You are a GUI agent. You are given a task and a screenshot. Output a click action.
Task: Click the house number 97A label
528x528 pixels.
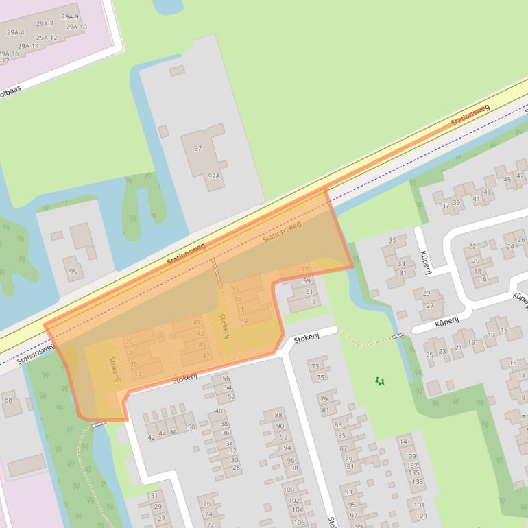click(214, 176)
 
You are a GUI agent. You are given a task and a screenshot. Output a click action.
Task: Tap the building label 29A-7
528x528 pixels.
click(45, 23)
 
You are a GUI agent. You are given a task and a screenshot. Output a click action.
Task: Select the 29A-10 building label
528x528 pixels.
click(76, 27)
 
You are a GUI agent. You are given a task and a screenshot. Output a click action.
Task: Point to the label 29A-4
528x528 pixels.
click(15, 32)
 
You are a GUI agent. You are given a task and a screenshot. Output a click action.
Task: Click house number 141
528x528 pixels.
click(405, 442)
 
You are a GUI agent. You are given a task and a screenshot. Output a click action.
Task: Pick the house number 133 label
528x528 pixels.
click(417, 481)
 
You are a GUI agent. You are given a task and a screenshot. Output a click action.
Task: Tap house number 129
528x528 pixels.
click(421, 516)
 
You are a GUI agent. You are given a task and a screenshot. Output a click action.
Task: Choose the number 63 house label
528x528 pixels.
click(311, 302)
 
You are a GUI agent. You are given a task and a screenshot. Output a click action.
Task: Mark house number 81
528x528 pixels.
click(325, 410)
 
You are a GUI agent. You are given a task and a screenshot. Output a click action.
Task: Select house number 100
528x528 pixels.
click(289, 490)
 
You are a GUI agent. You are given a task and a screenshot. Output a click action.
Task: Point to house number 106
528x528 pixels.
click(299, 522)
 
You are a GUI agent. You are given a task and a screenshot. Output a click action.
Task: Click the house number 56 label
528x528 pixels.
click(226, 379)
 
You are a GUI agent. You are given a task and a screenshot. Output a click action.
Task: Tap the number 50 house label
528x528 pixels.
click(191, 427)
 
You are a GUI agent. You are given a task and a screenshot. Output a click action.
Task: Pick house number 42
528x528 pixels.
click(152, 437)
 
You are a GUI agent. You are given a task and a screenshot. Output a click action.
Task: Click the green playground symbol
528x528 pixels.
click(380, 381)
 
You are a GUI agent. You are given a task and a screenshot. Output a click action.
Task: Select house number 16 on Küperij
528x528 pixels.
click(483, 279)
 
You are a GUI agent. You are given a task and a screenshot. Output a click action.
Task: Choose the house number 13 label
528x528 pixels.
click(513, 363)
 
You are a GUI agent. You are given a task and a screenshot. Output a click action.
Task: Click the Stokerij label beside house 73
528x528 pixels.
click(307, 338)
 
